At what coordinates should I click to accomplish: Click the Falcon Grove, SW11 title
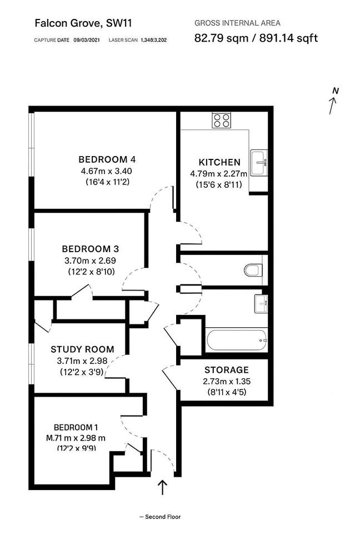point(83,23)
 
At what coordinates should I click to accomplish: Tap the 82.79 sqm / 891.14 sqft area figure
point(256,38)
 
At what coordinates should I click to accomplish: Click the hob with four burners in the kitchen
point(222,121)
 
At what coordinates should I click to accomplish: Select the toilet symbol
point(253,271)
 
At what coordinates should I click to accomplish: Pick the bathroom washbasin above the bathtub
point(261,303)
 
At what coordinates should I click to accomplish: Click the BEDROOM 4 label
point(105,159)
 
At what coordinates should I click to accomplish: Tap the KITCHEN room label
point(219,162)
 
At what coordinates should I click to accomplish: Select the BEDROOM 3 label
point(90,248)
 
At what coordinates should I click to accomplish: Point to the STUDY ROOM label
point(82,349)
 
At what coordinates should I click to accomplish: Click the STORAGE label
point(227,370)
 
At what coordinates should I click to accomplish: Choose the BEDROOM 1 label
point(76,427)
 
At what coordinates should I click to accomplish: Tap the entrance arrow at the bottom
point(163,488)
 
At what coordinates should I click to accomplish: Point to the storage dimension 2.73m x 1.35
point(226,382)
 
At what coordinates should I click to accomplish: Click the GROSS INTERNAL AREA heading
point(237,23)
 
